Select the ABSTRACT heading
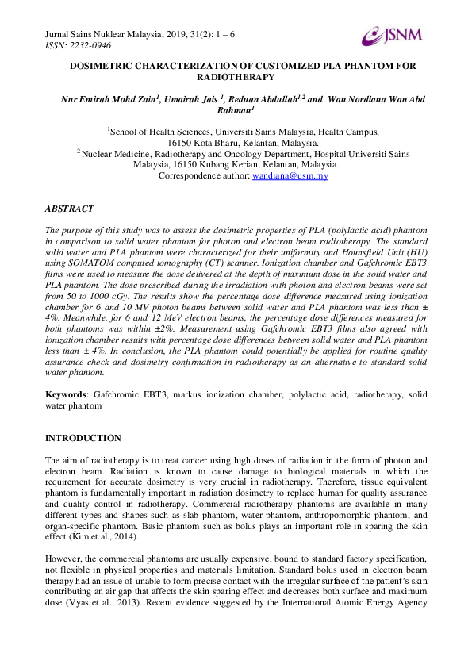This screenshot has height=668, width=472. point(69,209)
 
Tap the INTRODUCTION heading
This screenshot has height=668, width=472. point(83,438)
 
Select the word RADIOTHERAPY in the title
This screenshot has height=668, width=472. point(236,77)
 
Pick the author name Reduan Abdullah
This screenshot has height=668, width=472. point(265,99)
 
